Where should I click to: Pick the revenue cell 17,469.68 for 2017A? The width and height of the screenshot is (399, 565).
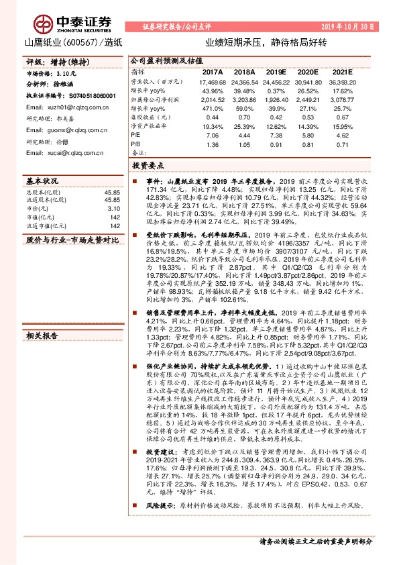[212, 81]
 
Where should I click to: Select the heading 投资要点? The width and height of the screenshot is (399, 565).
[147, 164]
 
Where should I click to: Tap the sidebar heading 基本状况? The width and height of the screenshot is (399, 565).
[42, 182]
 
